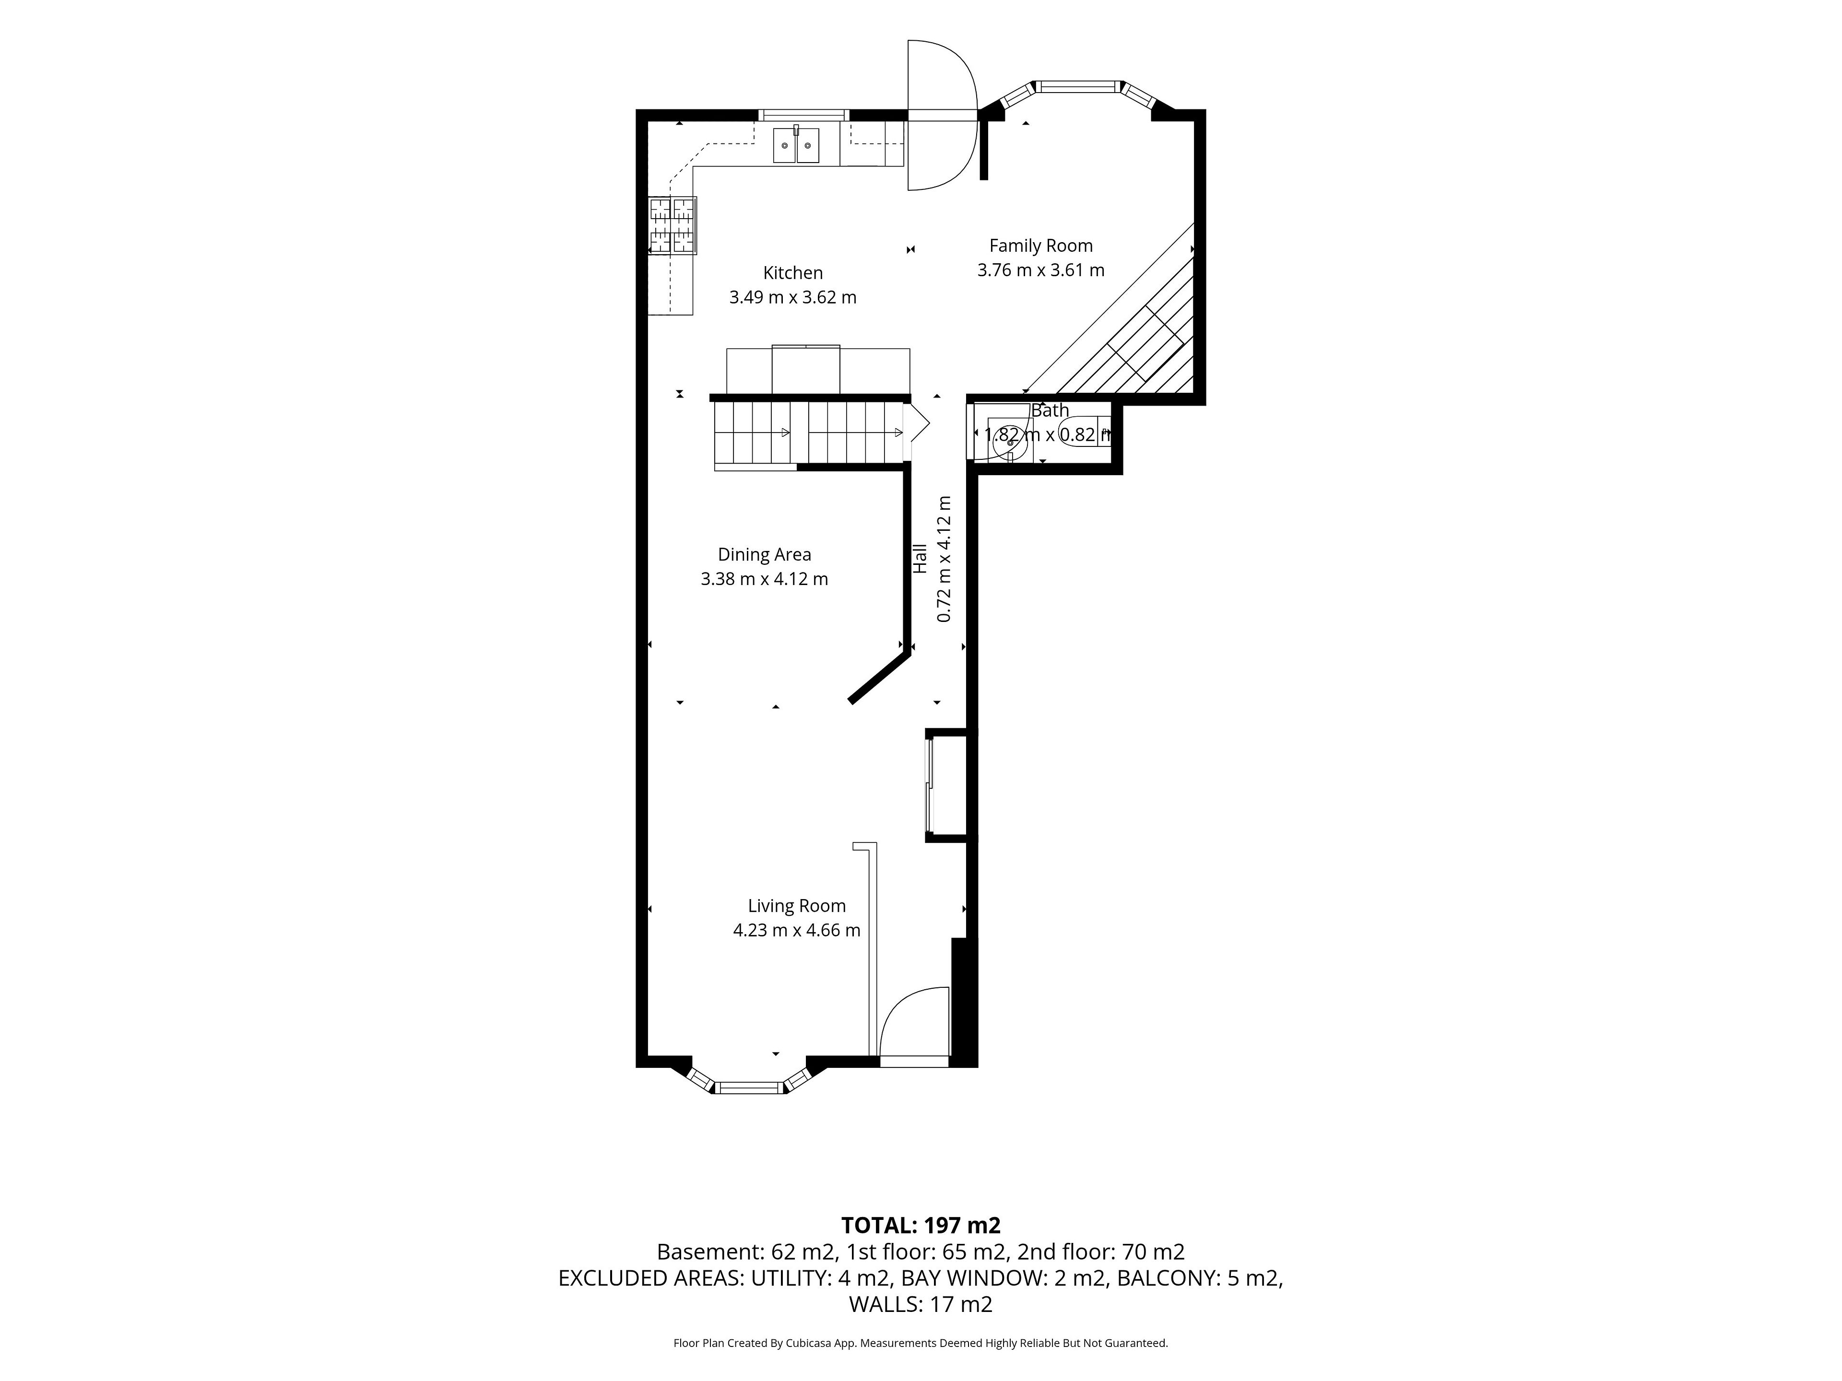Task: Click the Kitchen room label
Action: (793, 272)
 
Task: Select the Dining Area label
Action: (765, 554)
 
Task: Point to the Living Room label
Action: (797, 906)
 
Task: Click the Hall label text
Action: (920, 559)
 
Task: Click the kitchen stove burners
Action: (673, 225)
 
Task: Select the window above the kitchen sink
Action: (803, 115)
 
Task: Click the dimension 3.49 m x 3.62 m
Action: (793, 297)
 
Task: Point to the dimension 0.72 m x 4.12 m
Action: (945, 559)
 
